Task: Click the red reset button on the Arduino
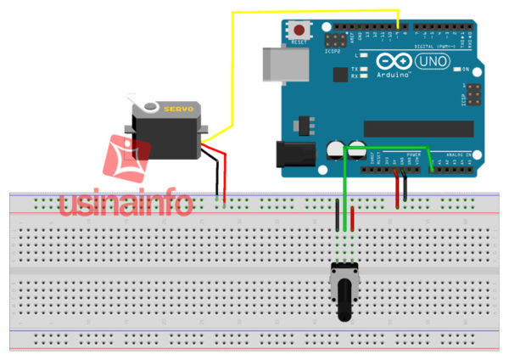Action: point(299,28)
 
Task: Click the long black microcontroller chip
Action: point(417,127)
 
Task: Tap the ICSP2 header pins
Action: point(336,40)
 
